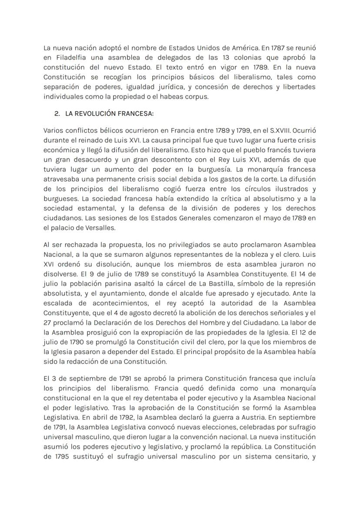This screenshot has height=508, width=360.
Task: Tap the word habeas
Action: coord(172,96)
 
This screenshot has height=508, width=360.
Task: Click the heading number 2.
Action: coord(57,114)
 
